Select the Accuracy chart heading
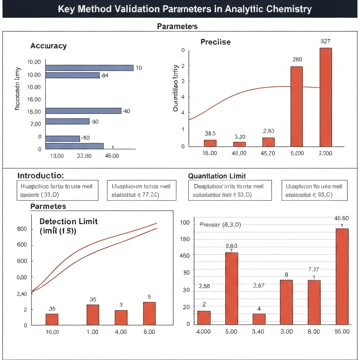(49, 46)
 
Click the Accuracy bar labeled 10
(89, 68)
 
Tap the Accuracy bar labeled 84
(72, 75)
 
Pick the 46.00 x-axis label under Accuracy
(112, 156)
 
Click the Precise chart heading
(216, 42)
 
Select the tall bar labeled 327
(326, 97)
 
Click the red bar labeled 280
(297, 106)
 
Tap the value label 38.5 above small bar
(210, 134)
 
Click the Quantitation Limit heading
(217, 176)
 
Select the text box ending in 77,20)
(141, 191)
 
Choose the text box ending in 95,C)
(314, 191)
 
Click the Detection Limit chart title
(68, 221)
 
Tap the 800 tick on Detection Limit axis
(22, 229)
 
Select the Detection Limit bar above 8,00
(149, 313)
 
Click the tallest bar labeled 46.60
(342, 276)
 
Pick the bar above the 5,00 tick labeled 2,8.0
(231, 288)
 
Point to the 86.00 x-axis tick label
(342, 332)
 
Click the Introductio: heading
(40, 175)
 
